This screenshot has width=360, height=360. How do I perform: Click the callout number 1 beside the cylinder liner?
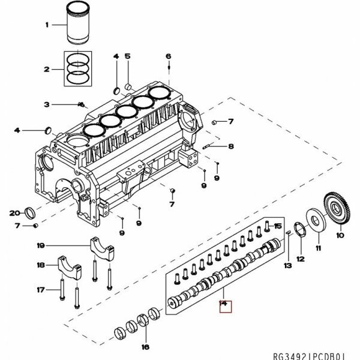pyautogui.click(x=46, y=25)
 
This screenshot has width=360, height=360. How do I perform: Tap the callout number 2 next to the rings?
pyautogui.click(x=46, y=70)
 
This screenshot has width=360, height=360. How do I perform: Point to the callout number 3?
pyautogui.click(x=46, y=104)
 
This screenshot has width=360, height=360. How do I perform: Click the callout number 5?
pyautogui.click(x=127, y=56)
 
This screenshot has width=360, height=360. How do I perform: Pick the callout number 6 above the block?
pyautogui.click(x=168, y=57)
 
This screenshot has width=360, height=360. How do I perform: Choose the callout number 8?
pyautogui.click(x=231, y=146)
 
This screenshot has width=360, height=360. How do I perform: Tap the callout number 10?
pyautogui.click(x=340, y=235)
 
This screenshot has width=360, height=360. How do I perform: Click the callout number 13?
pyautogui.click(x=287, y=265)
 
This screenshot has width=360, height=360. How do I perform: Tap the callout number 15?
pyautogui.click(x=278, y=225)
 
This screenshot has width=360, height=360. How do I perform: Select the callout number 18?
pyautogui.click(x=41, y=265)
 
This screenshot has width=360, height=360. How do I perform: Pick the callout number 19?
pyautogui.click(x=41, y=245)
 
